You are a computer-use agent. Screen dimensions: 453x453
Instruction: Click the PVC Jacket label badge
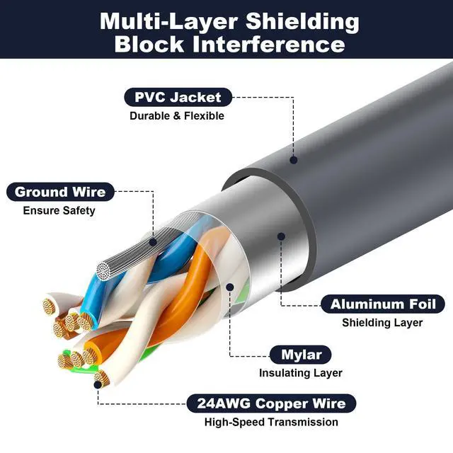(x=173, y=97)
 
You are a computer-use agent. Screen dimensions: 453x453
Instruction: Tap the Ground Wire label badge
(x=59, y=192)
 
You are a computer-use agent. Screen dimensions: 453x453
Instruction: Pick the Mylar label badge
(x=301, y=354)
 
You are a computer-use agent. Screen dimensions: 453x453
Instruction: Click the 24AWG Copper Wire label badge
(x=267, y=403)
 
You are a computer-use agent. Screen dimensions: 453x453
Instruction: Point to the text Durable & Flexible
(x=176, y=115)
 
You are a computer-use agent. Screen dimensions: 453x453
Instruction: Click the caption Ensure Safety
(x=59, y=210)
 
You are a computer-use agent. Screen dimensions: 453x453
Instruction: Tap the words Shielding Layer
(x=382, y=323)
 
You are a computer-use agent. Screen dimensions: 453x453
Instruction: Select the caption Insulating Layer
(x=300, y=372)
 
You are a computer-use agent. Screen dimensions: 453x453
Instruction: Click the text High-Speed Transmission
(x=271, y=422)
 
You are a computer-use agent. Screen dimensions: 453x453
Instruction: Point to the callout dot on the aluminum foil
(x=281, y=237)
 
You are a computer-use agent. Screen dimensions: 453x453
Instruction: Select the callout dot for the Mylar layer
(x=230, y=287)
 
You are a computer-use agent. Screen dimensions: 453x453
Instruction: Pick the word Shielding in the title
(x=307, y=20)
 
